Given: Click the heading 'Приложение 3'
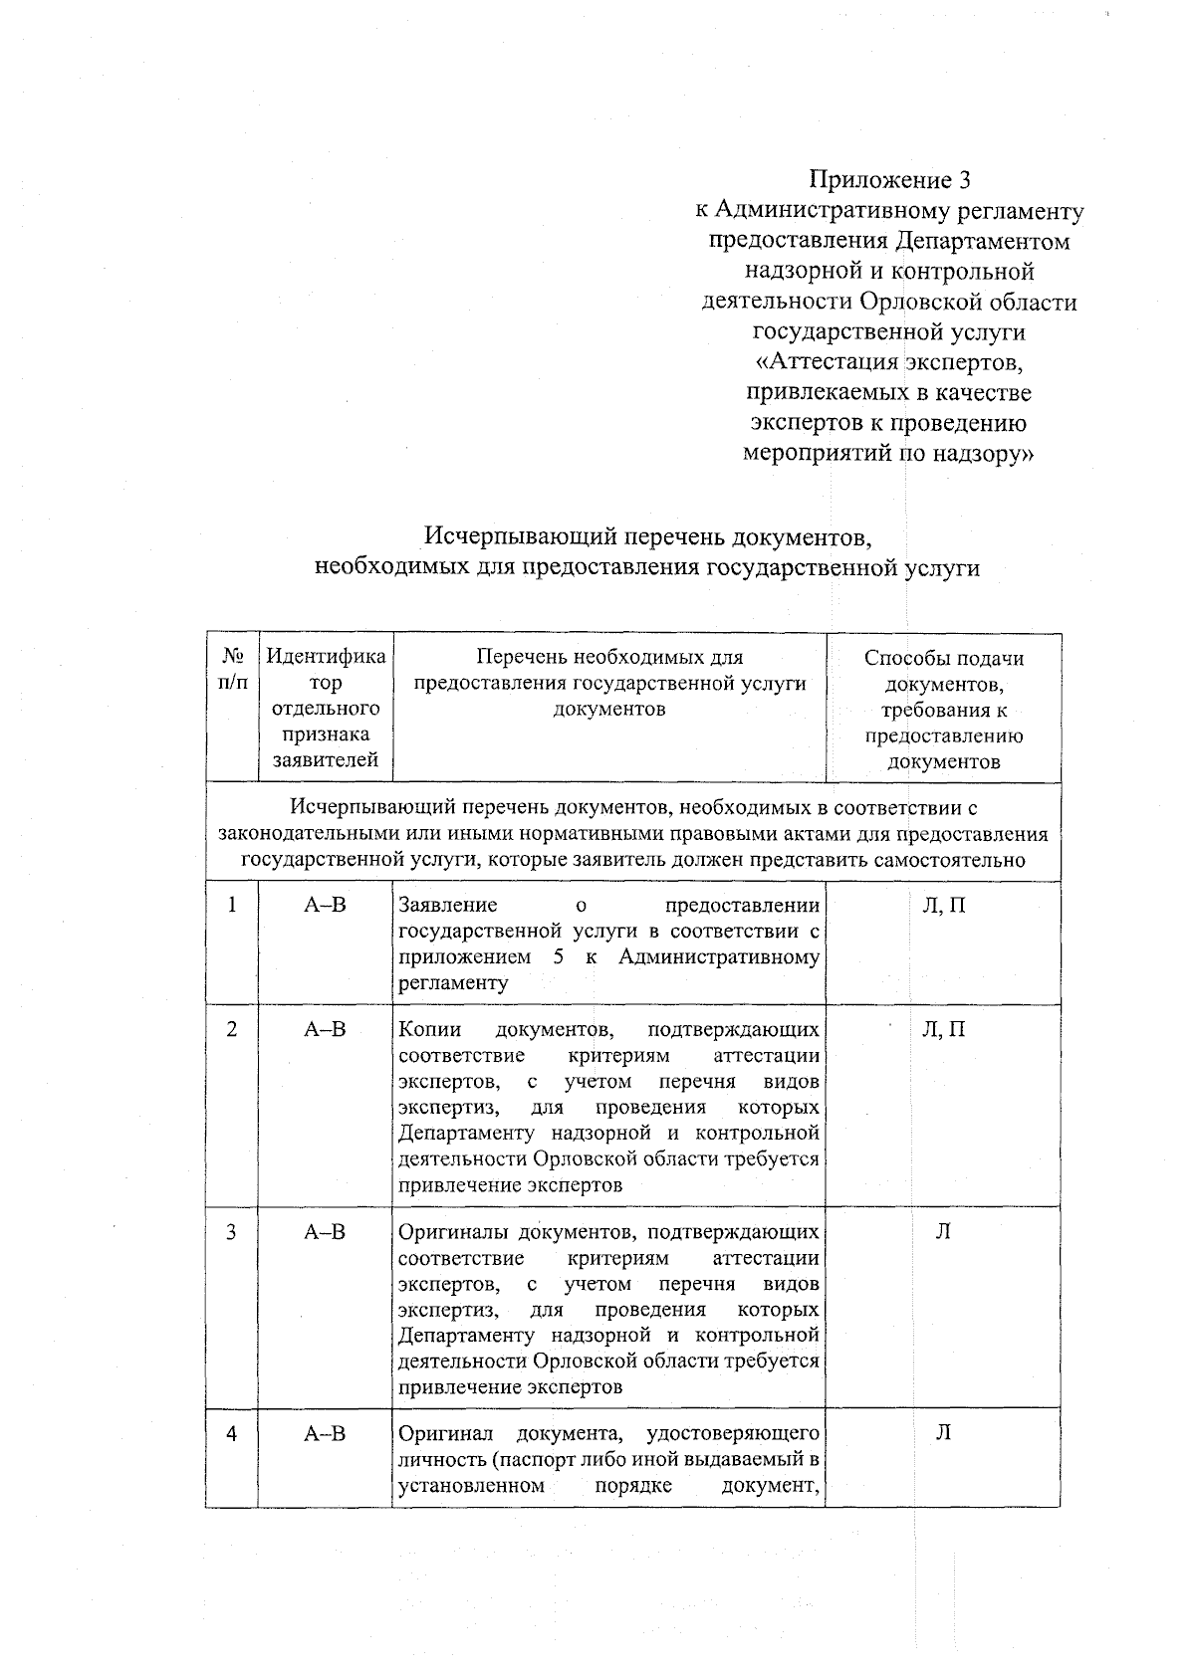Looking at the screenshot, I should point(888,180).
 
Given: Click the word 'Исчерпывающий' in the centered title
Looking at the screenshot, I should point(521,537).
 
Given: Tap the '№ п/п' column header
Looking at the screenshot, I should point(232,670).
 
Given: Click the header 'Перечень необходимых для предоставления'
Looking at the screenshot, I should point(609,670).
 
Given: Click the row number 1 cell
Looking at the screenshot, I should point(232,906).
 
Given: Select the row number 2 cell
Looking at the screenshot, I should point(232,1030).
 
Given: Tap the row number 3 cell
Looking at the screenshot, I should point(232,1232).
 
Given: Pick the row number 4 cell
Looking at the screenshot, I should point(232,1434).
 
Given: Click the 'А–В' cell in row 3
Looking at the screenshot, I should point(325,1232).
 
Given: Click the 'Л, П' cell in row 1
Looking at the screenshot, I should point(943,906).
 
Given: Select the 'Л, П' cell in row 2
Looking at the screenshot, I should point(943,1030).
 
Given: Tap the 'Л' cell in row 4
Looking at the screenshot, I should point(943,1434).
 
